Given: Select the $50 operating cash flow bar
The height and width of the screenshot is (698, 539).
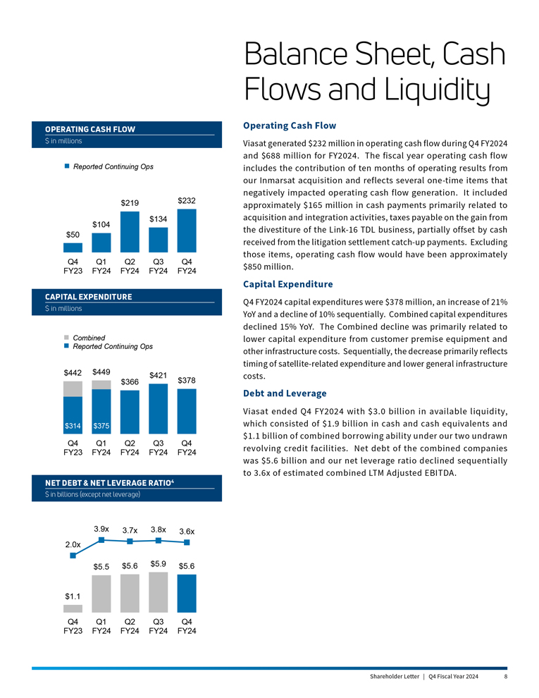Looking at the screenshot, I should tap(73, 247).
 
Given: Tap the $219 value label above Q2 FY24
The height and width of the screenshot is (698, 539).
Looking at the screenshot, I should tap(130, 203).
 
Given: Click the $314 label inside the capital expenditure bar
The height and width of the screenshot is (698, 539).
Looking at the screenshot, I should tap(73, 426).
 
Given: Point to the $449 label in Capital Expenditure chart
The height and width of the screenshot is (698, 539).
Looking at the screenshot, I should tap(101, 372).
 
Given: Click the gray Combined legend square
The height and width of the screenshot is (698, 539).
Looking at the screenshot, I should tap(66, 338).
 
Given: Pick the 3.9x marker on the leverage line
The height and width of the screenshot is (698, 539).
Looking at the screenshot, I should tap(101, 540).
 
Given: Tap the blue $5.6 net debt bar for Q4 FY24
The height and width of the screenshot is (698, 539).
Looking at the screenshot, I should tap(187, 593).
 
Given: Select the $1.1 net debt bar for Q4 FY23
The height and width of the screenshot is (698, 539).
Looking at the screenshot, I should tap(73, 608).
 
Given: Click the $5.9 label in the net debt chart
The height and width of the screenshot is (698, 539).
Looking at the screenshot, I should tap(159, 563).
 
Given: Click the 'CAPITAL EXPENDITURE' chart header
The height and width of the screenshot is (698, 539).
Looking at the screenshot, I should tap(88, 297).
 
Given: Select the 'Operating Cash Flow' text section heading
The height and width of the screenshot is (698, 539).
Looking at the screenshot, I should tap(289, 125).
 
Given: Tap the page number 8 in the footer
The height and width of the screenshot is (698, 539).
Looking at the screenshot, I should tap(506, 677).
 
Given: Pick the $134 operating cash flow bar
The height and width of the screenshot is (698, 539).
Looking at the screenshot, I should tap(159, 240).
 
